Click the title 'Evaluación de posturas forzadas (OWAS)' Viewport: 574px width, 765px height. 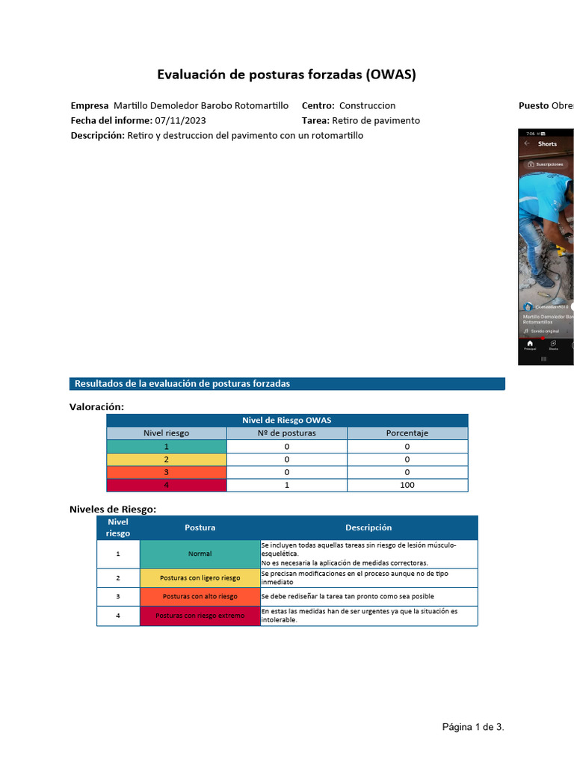(x=286, y=75)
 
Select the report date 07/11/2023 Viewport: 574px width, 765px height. (x=180, y=120)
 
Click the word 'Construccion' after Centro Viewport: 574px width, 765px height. (x=367, y=105)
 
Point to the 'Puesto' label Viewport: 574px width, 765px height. (x=534, y=105)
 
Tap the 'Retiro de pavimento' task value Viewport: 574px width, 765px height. (x=376, y=120)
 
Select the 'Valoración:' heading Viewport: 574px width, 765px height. (x=96, y=406)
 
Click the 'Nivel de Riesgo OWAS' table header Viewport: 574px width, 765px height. (x=287, y=420)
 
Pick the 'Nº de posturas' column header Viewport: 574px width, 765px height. (x=286, y=433)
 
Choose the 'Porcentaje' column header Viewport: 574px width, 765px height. (x=407, y=433)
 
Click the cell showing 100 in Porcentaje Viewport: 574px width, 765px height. (x=407, y=485)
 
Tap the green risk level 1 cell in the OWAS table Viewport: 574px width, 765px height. (x=166, y=446)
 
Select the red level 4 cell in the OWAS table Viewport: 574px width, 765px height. (x=166, y=485)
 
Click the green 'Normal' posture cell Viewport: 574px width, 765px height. (x=200, y=554)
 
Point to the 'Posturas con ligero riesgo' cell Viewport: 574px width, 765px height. (x=200, y=577)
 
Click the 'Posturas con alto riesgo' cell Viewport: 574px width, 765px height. (x=200, y=596)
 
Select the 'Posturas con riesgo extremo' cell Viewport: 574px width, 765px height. (x=200, y=616)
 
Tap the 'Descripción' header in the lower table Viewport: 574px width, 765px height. (x=368, y=527)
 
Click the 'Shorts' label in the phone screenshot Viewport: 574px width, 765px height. (x=547, y=143)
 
